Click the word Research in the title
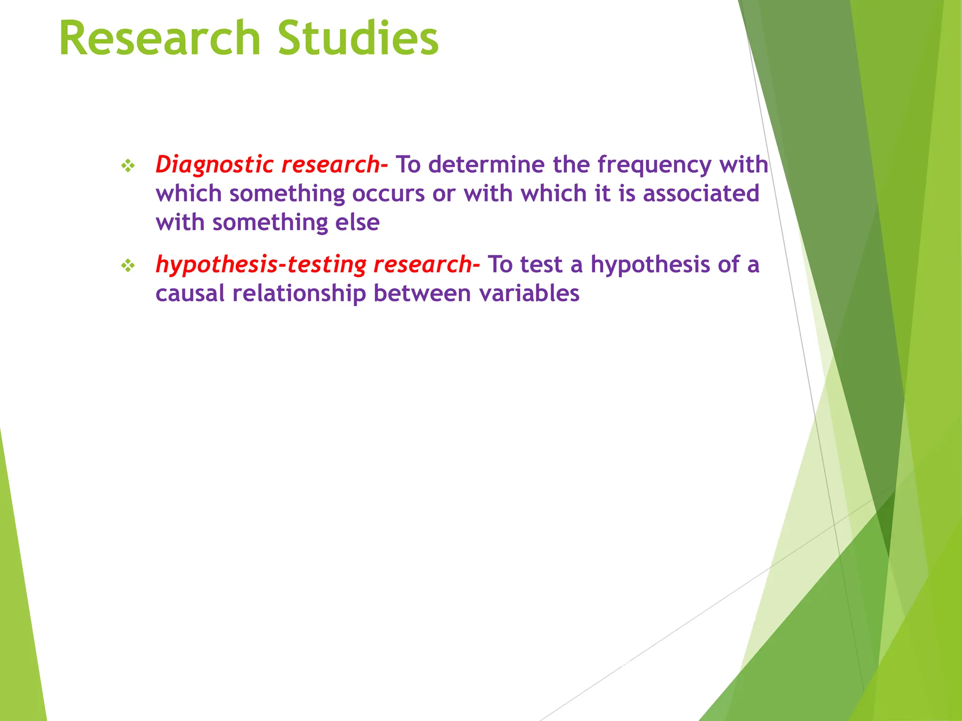point(160,38)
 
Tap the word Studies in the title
point(358,38)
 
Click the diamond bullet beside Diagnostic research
point(128,165)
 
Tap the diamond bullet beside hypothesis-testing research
point(128,266)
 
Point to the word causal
point(190,294)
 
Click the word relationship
point(299,294)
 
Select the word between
point(422,294)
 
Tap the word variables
point(529,294)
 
